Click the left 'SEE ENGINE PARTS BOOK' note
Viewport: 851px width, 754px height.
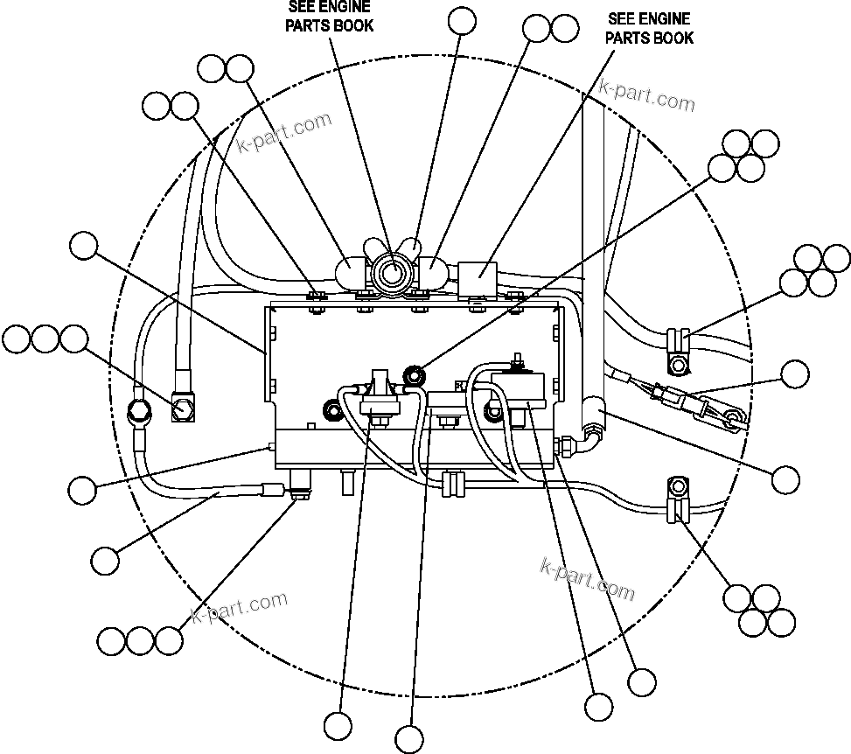[330, 17]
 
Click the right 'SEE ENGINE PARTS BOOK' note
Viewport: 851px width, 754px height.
[649, 28]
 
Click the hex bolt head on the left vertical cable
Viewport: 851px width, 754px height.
[184, 407]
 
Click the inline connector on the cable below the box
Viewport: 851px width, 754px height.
[453, 483]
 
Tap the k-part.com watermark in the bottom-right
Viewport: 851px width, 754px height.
[588, 580]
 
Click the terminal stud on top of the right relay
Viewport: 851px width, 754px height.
[518, 359]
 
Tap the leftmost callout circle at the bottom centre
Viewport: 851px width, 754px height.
[338, 725]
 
